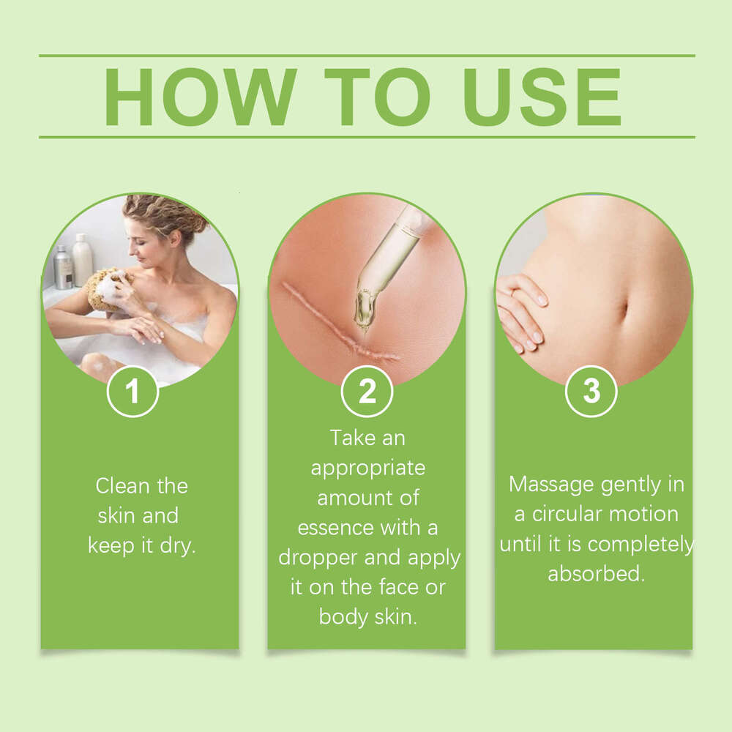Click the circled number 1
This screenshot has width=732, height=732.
pos(132,392)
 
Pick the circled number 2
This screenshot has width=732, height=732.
pos(367,392)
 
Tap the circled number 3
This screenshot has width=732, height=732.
pos(591,392)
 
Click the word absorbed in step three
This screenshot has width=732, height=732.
pos(596,574)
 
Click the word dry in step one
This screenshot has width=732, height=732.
pos(179,546)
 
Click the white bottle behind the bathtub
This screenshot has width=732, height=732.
pos(82,259)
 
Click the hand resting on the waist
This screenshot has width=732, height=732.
pos(521,307)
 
